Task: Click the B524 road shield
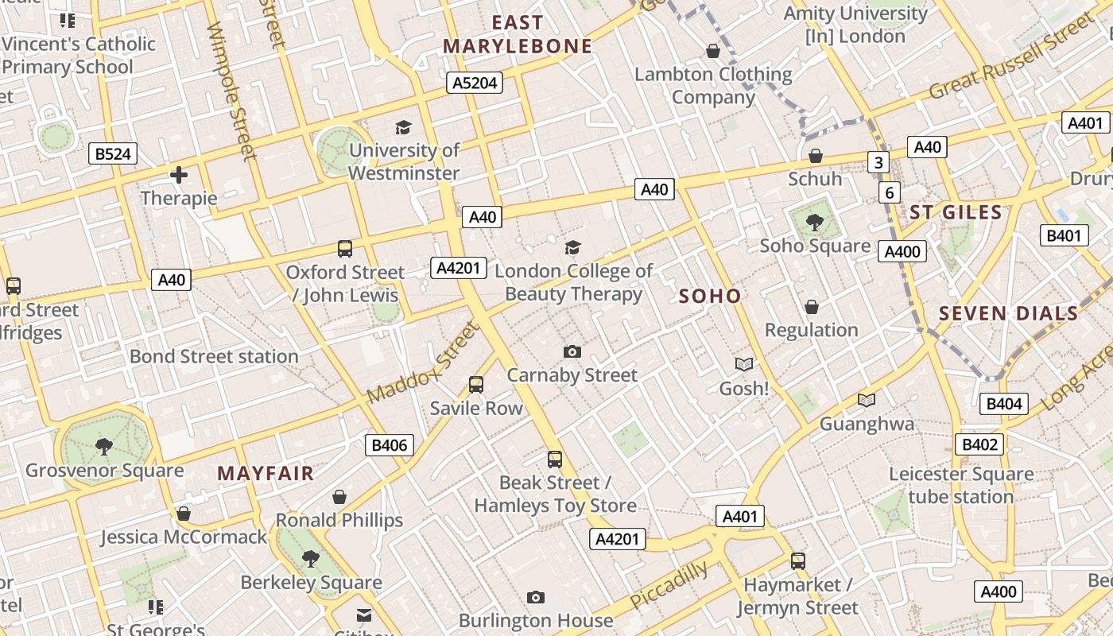point(112,153)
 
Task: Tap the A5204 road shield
point(475,83)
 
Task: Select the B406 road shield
point(390,445)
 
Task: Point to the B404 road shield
point(1003,404)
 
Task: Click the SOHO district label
point(710,297)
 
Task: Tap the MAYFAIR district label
point(266,474)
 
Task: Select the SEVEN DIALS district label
point(1008,313)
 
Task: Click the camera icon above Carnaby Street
point(572,351)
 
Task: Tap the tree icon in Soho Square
point(814,222)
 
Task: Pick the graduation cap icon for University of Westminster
point(404,127)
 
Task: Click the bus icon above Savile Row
point(476,385)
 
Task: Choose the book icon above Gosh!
point(744,364)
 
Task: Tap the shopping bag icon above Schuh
point(815,156)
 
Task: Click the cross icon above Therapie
point(179,175)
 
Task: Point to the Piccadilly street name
point(669,585)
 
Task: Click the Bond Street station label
point(214,356)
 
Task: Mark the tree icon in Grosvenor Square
point(103,447)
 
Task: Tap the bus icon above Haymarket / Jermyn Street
point(798,561)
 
